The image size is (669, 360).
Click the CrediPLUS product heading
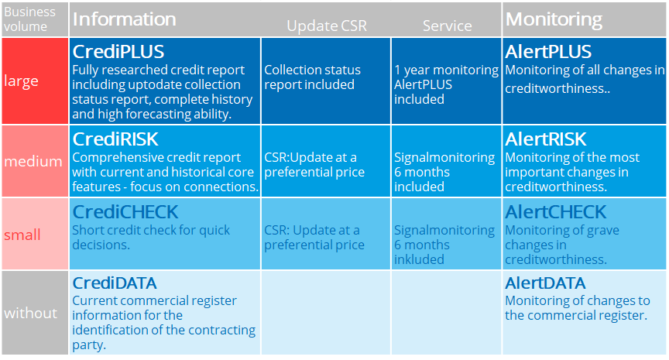118,52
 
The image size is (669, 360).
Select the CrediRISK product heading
115,139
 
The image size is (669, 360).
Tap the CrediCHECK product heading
125,212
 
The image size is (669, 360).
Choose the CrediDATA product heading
115,283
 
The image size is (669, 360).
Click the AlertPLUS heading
548,52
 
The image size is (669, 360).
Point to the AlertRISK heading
546,139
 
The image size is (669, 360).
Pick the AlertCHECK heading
555,212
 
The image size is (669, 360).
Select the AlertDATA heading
545,283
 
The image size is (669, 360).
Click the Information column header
124,19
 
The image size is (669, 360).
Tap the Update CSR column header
326,26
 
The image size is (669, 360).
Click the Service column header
447,26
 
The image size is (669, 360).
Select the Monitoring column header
554,19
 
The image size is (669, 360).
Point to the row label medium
33,162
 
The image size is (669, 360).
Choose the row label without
31,314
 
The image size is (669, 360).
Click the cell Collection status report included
310,77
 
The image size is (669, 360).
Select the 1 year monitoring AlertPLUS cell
446,84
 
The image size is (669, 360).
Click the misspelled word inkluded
419,259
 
